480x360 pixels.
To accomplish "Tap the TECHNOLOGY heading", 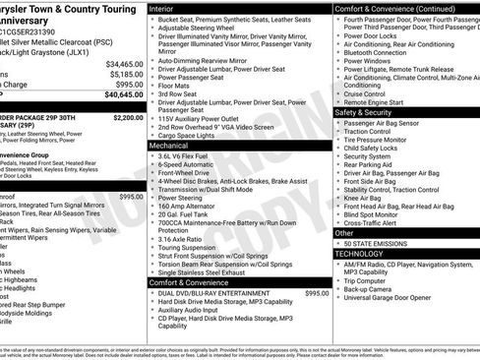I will pos(360,253).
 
